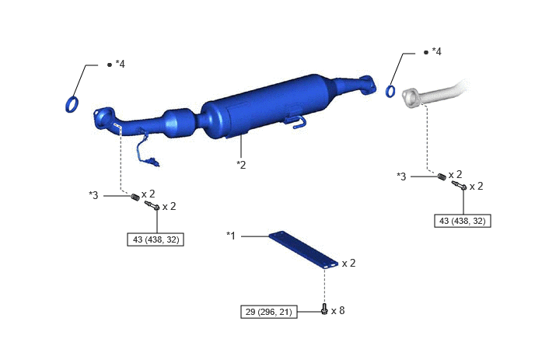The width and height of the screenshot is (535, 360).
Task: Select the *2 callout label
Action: tap(241, 165)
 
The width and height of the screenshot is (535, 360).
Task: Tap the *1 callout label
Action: tap(231, 236)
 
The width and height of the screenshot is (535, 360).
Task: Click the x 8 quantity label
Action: tap(337, 310)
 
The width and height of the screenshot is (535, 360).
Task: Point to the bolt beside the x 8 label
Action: tap(324, 309)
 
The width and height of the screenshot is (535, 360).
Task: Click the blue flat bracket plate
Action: tap(303, 250)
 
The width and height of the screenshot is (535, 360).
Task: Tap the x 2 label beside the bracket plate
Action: tap(348, 263)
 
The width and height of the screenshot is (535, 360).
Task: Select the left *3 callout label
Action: tap(93, 195)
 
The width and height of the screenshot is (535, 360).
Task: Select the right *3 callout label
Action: tap(401, 177)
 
